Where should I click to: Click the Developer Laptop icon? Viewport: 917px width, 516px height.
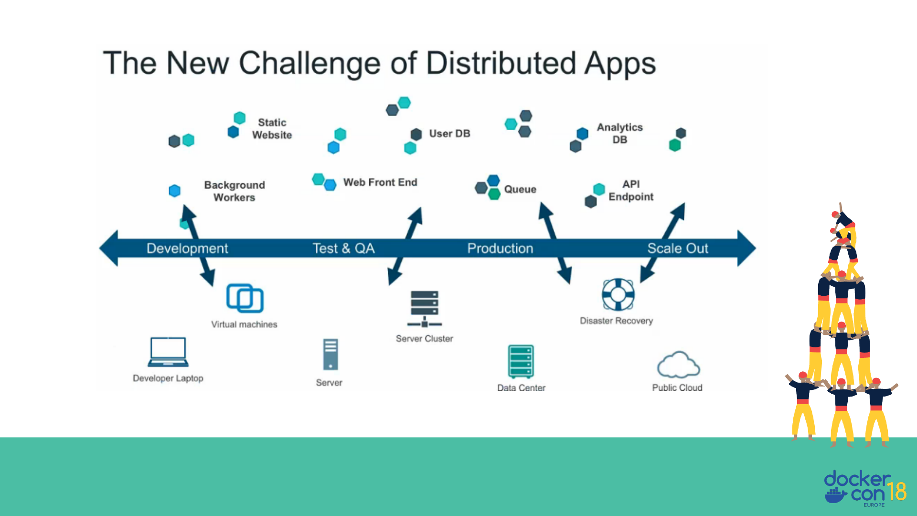point(168,352)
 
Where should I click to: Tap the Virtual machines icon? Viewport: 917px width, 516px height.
point(245,299)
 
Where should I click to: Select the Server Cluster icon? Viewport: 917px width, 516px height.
point(424,309)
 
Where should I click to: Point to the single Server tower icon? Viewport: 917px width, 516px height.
point(330,355)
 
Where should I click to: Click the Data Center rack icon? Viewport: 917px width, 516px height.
point(521,362)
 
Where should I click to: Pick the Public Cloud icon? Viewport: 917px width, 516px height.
point(678,365)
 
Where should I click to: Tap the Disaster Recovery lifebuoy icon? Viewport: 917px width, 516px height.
point(618,294)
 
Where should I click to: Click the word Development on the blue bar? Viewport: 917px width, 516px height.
point(187,248)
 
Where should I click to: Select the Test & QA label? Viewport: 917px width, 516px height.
point(343,248)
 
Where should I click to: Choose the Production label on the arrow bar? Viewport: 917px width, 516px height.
point(500,248)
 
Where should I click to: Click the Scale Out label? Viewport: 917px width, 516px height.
point(677,248)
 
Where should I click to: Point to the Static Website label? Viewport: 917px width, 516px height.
point(272,129)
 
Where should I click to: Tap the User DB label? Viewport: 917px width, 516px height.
point(449,134)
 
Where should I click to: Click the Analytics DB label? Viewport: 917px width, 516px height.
point(619,133)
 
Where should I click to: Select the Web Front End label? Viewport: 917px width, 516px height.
point(380,183)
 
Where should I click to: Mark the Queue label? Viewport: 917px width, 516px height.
point(520,190)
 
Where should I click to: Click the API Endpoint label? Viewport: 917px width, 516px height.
point(630,191)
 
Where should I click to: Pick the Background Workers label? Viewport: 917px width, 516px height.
point(234,191)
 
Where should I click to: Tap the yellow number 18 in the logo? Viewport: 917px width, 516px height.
point(896,491)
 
